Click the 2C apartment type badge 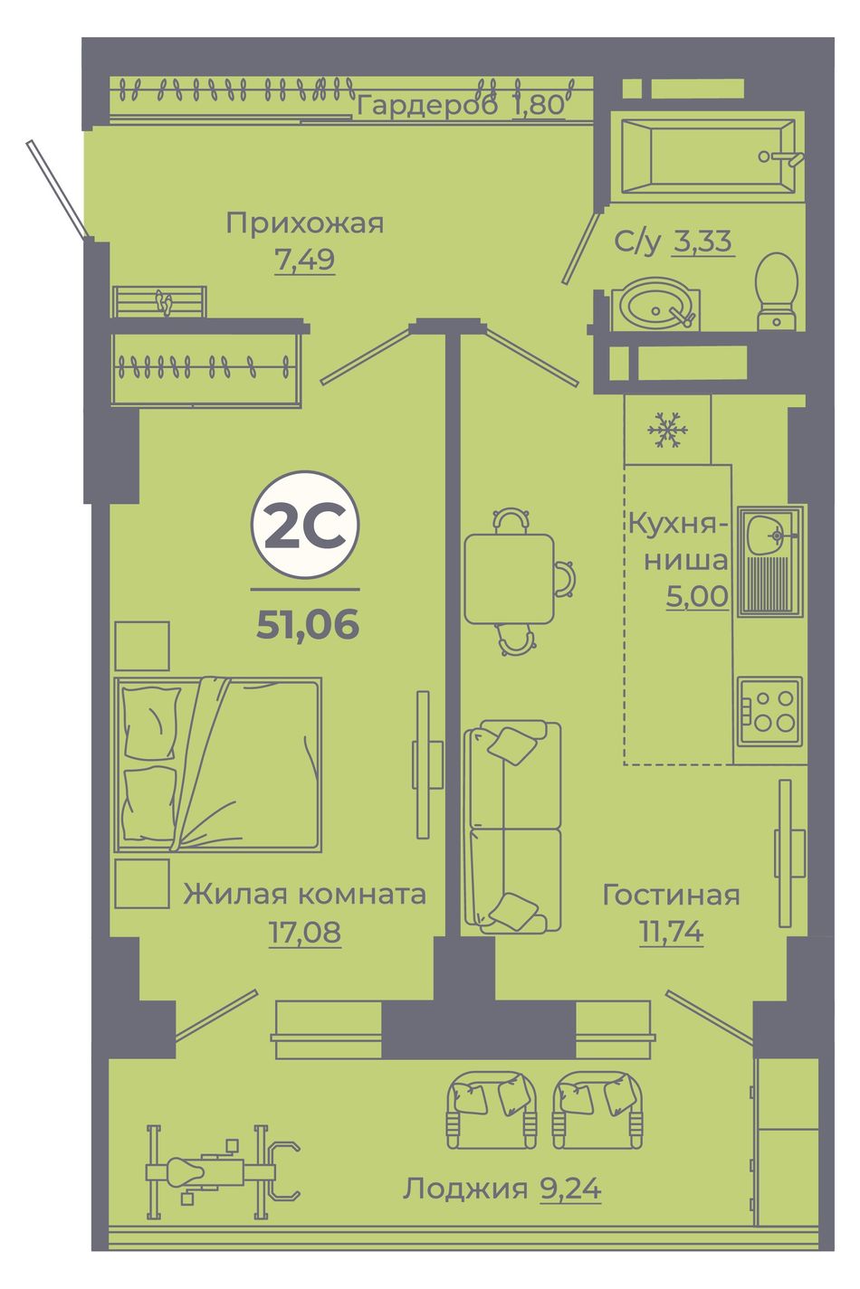(x=305, y=525)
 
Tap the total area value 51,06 (x=308, y=624)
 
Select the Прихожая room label (x=305, y=223)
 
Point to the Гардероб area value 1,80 (x=538, y=105)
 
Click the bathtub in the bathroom (x=706, y=156)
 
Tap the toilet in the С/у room (x=776, y=292)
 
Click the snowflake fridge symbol (x=667, y=430)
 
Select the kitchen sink (x=770, y=561)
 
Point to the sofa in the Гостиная (x=512, y=827)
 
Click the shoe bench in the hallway (x=159, y=301)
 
